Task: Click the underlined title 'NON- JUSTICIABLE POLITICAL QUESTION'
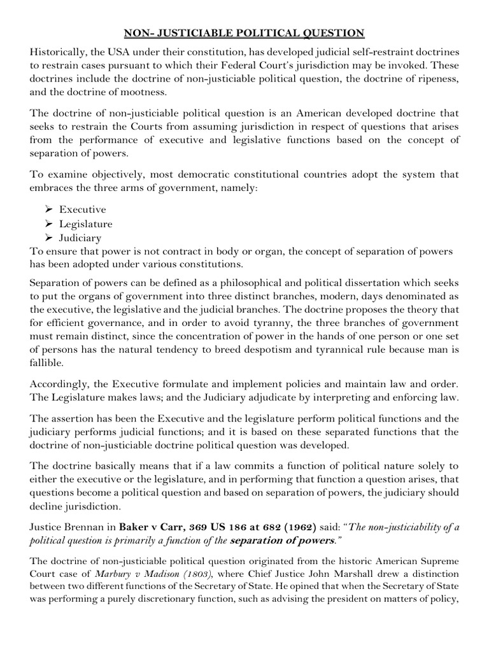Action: point(244,32)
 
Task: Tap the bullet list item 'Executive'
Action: point(83,209)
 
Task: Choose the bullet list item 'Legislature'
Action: point(86,224)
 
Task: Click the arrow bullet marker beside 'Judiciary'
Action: point(50,238)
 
